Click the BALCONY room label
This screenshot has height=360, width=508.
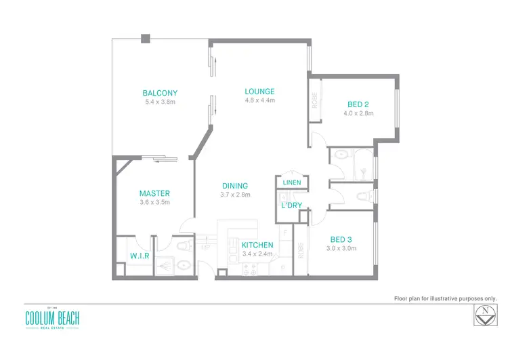160,93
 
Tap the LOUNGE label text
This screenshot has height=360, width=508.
259,92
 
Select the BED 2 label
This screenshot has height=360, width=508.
358,104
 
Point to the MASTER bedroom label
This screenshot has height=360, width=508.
154,193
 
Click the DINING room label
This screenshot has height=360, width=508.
235,186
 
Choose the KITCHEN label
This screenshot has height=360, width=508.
257,245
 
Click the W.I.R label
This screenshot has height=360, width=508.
140,256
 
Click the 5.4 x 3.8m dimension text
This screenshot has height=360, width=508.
160,102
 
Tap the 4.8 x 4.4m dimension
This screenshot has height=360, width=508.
259,100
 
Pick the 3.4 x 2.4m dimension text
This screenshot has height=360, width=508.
257,254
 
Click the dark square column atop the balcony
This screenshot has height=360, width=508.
145,39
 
